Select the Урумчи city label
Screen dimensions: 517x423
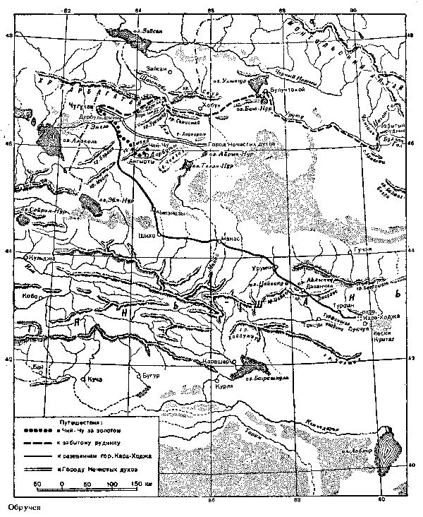click(263, 270)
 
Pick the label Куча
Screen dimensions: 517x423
click(95, 379)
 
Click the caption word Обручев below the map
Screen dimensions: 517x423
click(21, 508)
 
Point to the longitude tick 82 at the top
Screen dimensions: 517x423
click(68, 11)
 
